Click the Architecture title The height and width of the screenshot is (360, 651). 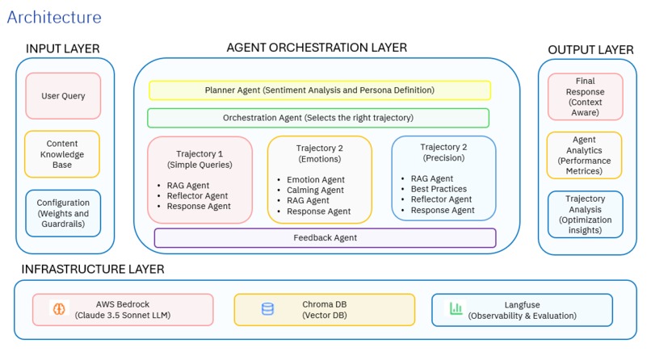[x=54, y=17]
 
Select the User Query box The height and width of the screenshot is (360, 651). [x=63, y=96]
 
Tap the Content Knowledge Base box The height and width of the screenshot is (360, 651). [x=63, y=154]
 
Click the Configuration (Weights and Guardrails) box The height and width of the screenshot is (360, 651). [x=63, y=212]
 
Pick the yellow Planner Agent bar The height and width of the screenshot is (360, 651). [x=319, y=90]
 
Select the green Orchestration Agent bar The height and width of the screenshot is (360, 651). [x=317, y=118]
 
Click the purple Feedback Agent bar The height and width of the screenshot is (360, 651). [x=324, y=238]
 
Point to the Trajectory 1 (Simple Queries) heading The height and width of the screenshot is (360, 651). [x=199, y=159]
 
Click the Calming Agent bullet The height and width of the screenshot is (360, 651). [x=315, y=190]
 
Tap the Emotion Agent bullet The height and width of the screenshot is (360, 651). [x=315, y=180]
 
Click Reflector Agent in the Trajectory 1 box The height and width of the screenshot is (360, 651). [x=199, y=195]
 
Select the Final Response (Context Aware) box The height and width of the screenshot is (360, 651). [x=585, y=96]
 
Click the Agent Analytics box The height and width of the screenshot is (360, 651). [x=585, y=155]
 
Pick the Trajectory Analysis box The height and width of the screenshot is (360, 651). [x=585, y=214]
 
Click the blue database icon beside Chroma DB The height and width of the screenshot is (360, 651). [x=267, y=309]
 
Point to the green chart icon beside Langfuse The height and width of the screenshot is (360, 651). [x=456, y=309]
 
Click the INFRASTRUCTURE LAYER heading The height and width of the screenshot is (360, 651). [x=93, y=269]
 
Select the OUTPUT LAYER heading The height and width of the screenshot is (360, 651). [x=590, y=50]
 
